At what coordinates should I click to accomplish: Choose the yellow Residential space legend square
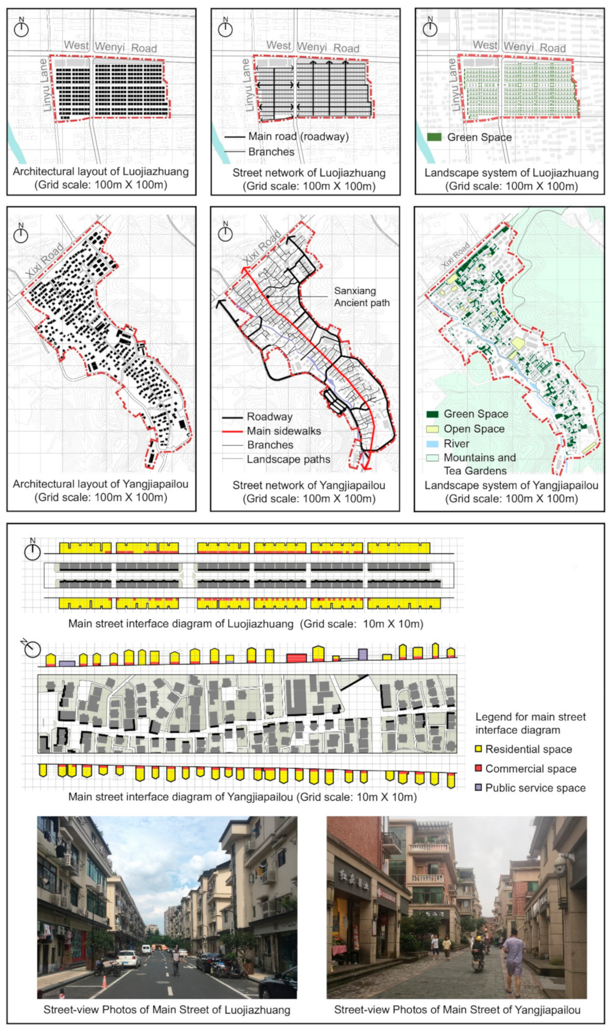[x=478, y=749]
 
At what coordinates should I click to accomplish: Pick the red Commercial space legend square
[x=478, y=768]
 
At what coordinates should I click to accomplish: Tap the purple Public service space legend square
[x=478, y=787]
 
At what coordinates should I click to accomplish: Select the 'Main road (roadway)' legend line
[x=235, y=137]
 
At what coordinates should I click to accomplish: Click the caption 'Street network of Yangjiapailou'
[x=309, y=485]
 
